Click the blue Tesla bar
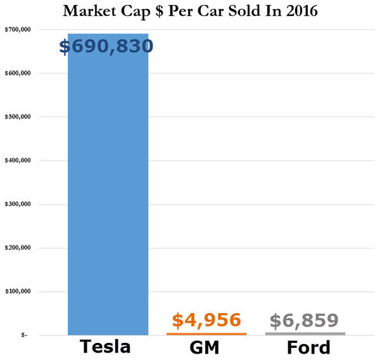click(108, 190)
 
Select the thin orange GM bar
click(206, 333)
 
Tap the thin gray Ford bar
click(305, 333)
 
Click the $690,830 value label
click(106, 46)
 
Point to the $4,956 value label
click(206, 320)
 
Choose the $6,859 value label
click(305, 320)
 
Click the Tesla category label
click(105, 347)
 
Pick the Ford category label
click(308, 347)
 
